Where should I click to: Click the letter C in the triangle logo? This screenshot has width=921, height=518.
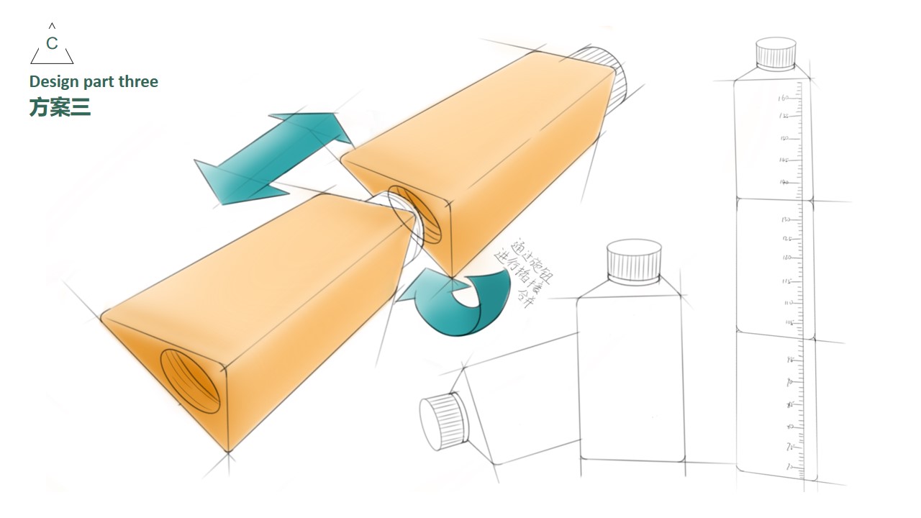coord(52,44)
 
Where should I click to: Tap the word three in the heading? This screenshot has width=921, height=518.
coord(138,82)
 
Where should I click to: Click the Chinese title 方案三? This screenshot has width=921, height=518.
coord(60,107)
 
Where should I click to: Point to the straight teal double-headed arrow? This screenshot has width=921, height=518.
coord(273,158)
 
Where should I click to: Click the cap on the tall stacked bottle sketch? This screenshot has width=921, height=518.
coord(776,54)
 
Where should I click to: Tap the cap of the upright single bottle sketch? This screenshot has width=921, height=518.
coord(634,260)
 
